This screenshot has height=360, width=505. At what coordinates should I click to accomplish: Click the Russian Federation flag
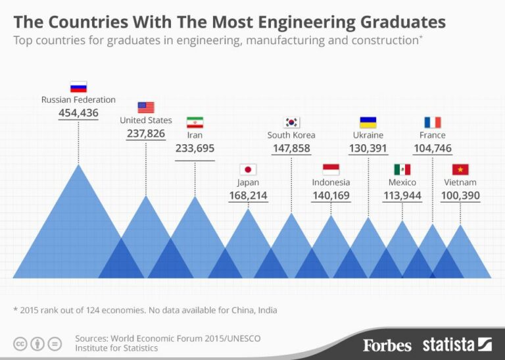pos(78,86)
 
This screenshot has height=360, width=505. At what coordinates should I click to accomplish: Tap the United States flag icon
pos(146,107)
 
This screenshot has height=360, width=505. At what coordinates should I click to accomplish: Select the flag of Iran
pos(195,122)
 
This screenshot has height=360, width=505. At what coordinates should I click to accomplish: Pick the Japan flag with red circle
pos(248,169)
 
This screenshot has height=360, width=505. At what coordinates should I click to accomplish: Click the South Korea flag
pos(291,122)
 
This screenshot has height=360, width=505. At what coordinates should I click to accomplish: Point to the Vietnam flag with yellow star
pos(460,169)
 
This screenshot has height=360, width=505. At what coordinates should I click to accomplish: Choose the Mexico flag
pos(402,169)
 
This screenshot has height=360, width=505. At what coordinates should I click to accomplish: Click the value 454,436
pos(78,113)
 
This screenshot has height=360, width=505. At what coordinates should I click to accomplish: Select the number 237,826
pos(146,134)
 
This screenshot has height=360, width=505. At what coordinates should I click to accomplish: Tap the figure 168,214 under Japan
pos(248,195)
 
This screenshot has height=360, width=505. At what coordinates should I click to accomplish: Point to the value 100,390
pos(460,195)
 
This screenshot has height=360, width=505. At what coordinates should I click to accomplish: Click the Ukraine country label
pos(368,135)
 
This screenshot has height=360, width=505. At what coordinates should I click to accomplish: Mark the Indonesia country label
pos(331,182)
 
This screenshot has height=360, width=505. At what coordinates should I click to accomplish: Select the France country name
pos(432,135)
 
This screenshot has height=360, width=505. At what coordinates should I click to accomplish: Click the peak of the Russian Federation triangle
pos(79,165)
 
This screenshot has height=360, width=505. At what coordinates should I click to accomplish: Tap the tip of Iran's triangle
pos(195,197)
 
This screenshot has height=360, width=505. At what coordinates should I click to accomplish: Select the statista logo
pos(457,344)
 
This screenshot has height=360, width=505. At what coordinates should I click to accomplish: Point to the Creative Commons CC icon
pos(20,343)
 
